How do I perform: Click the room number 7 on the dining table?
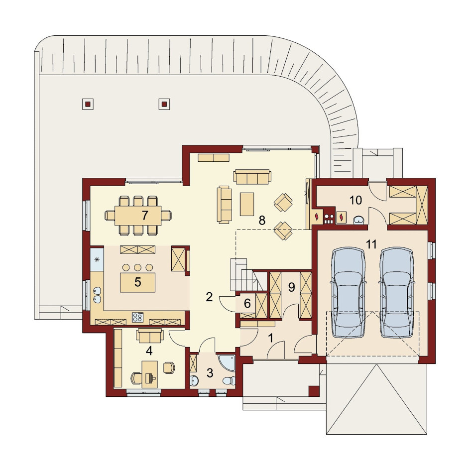coord(145,215)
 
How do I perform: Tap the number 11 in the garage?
coord(371,244)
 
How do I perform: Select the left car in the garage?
coord(348,292)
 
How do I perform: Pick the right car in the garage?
coord(396,292)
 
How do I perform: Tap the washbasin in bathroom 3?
coord(194,381)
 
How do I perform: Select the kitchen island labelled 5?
coord(137,282)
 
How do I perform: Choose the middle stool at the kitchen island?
coord(137,267)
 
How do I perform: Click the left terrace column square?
coord(88,104)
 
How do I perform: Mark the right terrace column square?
coord(164,104)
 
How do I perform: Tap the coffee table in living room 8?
coord(247,204)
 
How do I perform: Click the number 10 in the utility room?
coord(356,200)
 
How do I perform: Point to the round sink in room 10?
coord(359,220)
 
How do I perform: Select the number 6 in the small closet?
coord(247,303)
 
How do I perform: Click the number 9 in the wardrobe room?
coord(292,287)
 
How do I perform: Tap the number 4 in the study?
coord(149,351)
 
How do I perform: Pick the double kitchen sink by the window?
coord(97,295)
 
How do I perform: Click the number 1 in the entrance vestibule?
coord(271,338)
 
